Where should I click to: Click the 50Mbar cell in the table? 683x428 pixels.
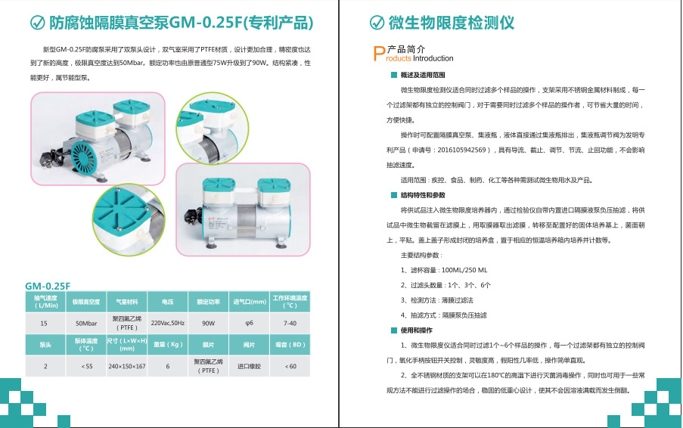(x=85, y=324)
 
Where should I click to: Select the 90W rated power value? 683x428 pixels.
(x=208, y=324)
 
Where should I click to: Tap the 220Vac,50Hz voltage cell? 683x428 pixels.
(x=167, y=324)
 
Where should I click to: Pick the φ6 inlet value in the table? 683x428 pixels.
(x=249, y=324)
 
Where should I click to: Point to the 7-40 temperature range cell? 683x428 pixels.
(x=290, y=324)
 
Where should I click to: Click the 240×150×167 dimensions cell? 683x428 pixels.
(x=126, y=366)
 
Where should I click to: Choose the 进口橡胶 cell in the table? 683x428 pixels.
(x=249, y=366)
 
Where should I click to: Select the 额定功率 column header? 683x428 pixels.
(x=208, y=302)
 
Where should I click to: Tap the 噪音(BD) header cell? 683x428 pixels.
(x=290, y=345)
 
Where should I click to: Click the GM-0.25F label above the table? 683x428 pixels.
(x=48, y=286)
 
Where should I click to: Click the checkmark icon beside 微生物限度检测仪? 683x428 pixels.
(x=376, y=23)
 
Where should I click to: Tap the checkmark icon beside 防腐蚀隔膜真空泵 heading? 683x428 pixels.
(x=37, y=23)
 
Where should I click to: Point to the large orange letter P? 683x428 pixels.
(x=380, y=53)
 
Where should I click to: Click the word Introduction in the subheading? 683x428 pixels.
(x=433, y=58)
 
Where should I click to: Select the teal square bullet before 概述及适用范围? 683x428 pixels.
(x=394, y=76)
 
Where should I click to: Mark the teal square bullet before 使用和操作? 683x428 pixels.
(x=394, y=330)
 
